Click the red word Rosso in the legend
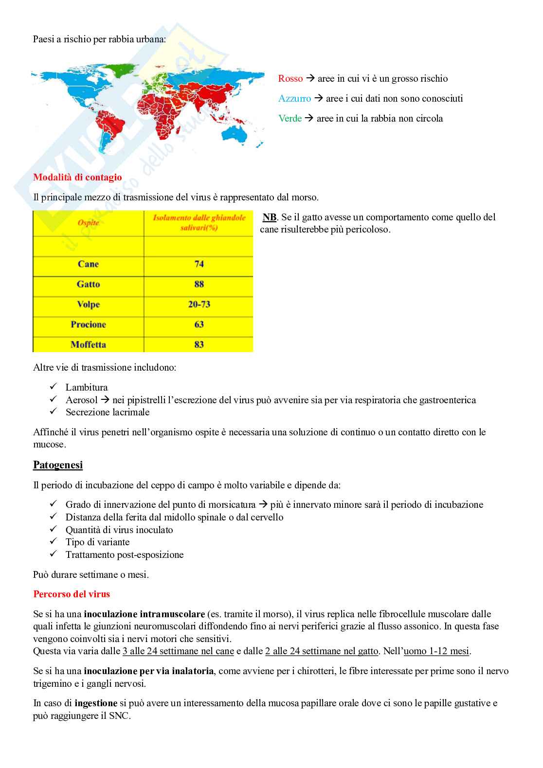point(290,79)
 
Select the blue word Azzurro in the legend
point(294,99)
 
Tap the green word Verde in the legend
point(290,119)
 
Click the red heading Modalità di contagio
point(77,178)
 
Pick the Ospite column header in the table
point(88,223)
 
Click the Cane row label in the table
point(88,264)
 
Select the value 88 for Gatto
point(199,284)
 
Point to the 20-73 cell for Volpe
point(199,304)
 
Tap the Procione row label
point(88,324)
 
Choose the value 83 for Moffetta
point(199,344)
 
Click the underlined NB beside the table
point(270,217)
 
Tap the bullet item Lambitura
point(87,388)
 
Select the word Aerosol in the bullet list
point(82,400)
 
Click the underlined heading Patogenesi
point(58,465)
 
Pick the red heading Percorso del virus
point(72,594)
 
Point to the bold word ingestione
point(95,703)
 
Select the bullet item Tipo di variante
point(97,542)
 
